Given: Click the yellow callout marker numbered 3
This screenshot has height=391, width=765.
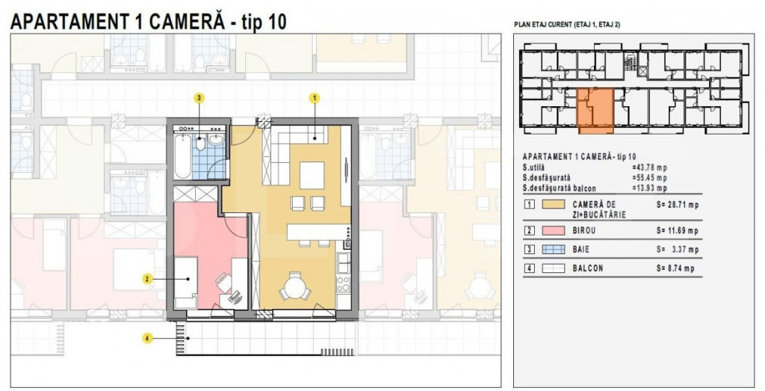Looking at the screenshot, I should (x=199, y=98).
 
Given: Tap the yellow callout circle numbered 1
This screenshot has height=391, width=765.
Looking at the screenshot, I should (x=315, y=98).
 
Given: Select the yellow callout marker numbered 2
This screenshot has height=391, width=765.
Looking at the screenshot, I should (x=148, y=279).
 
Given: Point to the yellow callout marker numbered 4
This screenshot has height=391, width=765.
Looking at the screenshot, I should (x=148, y=339).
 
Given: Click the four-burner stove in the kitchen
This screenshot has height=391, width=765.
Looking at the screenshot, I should (x=345, y=285).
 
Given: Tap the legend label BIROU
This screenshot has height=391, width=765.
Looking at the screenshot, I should (x=585, y=231).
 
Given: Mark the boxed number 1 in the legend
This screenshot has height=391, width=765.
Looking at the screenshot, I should (x=529, y=204).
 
